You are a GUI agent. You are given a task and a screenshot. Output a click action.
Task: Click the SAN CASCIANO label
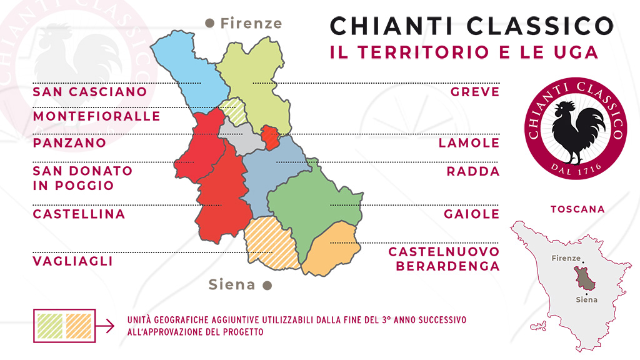90,92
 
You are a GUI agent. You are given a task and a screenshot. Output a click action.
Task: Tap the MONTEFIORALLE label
97,116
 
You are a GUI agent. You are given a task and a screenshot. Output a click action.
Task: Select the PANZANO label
69,142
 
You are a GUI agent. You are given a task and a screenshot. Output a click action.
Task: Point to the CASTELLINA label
79,214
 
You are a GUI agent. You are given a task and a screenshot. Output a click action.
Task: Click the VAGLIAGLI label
73,261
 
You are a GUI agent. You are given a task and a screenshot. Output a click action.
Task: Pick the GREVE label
475,92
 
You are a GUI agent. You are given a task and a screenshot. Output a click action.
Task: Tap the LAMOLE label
469,142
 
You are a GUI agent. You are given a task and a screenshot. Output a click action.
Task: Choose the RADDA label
473,171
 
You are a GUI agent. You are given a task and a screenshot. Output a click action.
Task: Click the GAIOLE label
472,214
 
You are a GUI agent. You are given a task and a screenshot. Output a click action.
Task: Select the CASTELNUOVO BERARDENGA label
444,259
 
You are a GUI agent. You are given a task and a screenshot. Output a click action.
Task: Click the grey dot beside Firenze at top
210,23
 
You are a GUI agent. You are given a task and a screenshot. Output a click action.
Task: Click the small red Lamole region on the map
269,136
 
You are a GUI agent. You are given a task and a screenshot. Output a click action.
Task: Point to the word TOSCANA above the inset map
577,209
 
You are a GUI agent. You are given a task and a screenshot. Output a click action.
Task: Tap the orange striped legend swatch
78,325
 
